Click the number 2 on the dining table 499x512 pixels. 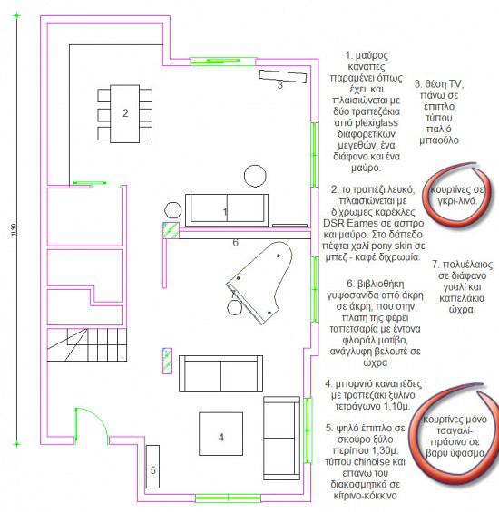(125, 113)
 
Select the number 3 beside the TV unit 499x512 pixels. (279, 84)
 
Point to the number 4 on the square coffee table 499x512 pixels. (220, 437)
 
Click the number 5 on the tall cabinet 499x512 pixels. (152, 469)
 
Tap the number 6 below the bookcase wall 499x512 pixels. (234, 242)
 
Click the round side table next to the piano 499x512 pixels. (235, 307)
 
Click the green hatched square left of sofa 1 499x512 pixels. (167, 229)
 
